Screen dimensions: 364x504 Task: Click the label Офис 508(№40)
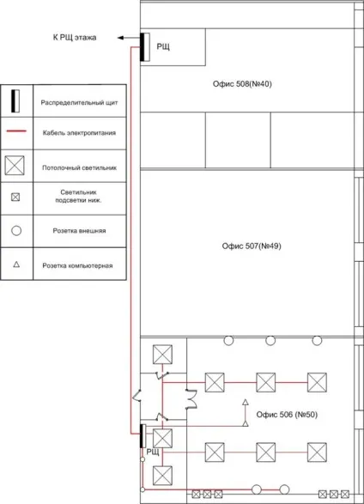point(242,84)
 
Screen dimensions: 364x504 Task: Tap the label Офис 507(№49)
point(252,246)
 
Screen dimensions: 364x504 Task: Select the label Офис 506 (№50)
point(287,415)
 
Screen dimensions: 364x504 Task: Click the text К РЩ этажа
point(75,38)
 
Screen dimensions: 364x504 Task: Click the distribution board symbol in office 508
point(144,47)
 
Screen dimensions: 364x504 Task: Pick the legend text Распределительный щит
point(79,103)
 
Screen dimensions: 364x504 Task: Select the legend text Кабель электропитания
point(79,133)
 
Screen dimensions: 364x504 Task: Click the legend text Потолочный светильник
point(79,167)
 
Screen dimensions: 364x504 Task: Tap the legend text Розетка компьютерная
point(78,266)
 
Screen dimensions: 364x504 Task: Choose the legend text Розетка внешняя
point(79,231)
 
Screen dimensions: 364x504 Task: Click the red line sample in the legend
point(16,131)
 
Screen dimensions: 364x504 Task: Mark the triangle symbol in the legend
point(16,264)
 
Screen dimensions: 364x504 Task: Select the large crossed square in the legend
point(15,166)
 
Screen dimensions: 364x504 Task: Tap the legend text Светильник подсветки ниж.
point(79,197)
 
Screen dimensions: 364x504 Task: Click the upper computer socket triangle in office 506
point(246,402)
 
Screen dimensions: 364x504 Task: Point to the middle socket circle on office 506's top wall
point(270,340)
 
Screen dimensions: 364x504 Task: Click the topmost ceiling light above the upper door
point(162,355)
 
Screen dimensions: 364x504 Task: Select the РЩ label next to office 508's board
point(163,47)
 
